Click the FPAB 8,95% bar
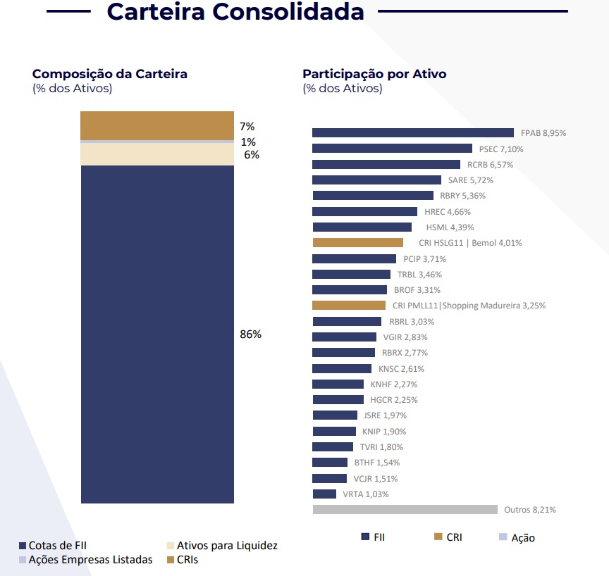pyautogui.click(x=412, y=132)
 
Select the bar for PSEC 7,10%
pyautogui.click(x=392, y=149)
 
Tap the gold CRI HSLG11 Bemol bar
pyautogui.click(x=357, y=242)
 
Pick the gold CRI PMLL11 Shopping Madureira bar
pyautogui.click(x=349, y=305)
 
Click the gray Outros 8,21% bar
pyautogui.click(x=405, y=509)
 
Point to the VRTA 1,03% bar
pyautogui.click(x=324, y=494)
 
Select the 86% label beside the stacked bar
pyautogui.click(x=250, y=334)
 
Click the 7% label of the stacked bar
pyautogui.click(x=247, y=127)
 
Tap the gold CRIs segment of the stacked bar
pyautogui.click(x=157, y=125)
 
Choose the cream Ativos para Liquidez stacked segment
pyautogui.click(x=157, y=154)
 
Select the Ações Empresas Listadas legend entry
pyautogui.click(x=85, y=560)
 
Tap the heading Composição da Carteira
pyautogui.click(x=110, y=74)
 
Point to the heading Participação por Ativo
pyautogui.click(x=374, y=74)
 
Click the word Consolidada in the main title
pyautogui.click(x=295, y=12)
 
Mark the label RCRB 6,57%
pyautogui.click(x=490, y=165)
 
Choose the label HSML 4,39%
pyautogui.click(x=450, y=227)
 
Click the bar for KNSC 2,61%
pyautogui.click(x=342, y=368)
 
